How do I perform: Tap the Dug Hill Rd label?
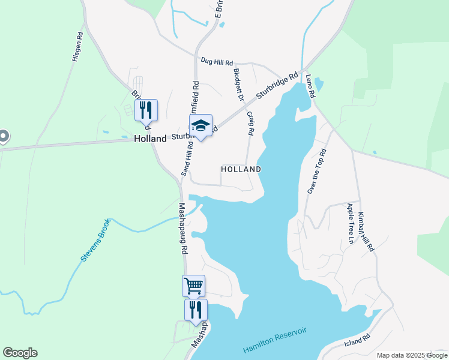(216, 61)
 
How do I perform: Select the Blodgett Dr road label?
(238, 84)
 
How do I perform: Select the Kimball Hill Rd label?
(366, 231)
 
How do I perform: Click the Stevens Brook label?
(95, 241)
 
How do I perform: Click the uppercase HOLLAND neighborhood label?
(241, 169)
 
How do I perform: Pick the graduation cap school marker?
(201, 125)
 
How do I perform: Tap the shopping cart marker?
(193, 286)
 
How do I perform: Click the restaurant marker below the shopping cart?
(196, 310)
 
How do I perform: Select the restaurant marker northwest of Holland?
(146, 110)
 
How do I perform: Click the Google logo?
(20, 353)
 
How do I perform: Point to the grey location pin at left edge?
(3, 137)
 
